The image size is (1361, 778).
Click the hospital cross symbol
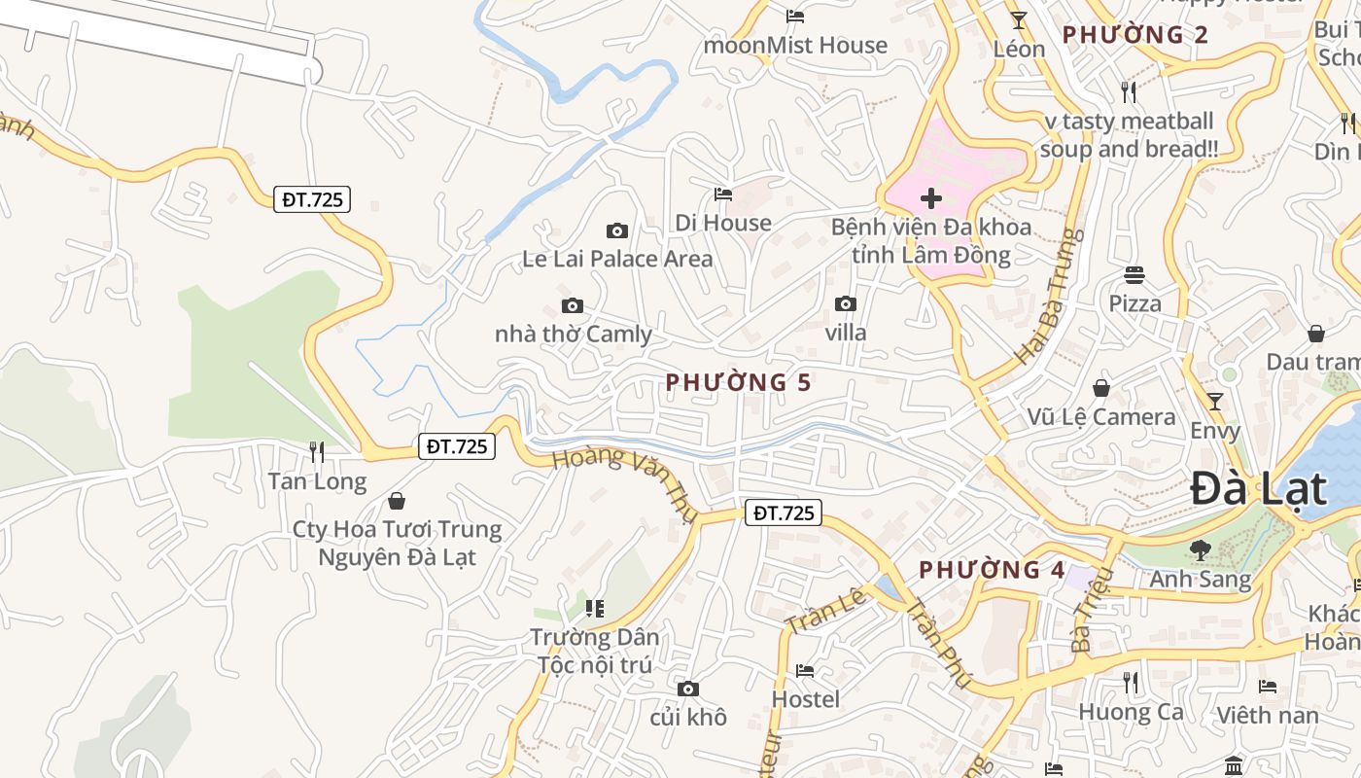(x=930, y=198)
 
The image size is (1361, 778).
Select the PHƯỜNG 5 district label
(x=738, y=382)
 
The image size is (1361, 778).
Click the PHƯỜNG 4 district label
(x=992, y=570)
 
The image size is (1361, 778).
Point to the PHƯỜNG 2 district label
(x=1134, y=35)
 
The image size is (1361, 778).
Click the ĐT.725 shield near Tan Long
(x=457, y=446)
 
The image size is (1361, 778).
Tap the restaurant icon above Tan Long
(x=317, y=451)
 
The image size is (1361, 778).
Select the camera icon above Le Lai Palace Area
(x=616, y=230)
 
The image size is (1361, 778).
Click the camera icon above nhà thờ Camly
(x=572, y=305)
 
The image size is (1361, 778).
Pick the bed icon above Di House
(x=722, y=194)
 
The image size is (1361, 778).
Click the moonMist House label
(x=795, y=45)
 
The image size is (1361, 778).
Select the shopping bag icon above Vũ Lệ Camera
(x=1100, y=388)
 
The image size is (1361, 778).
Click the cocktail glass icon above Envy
(x=1214, y=401)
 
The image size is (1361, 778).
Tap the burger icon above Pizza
(x=1134, y=274)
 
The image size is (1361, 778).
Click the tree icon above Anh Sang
(x=1200, y=549)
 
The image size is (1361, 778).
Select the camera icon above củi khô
(x=687, y=689)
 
